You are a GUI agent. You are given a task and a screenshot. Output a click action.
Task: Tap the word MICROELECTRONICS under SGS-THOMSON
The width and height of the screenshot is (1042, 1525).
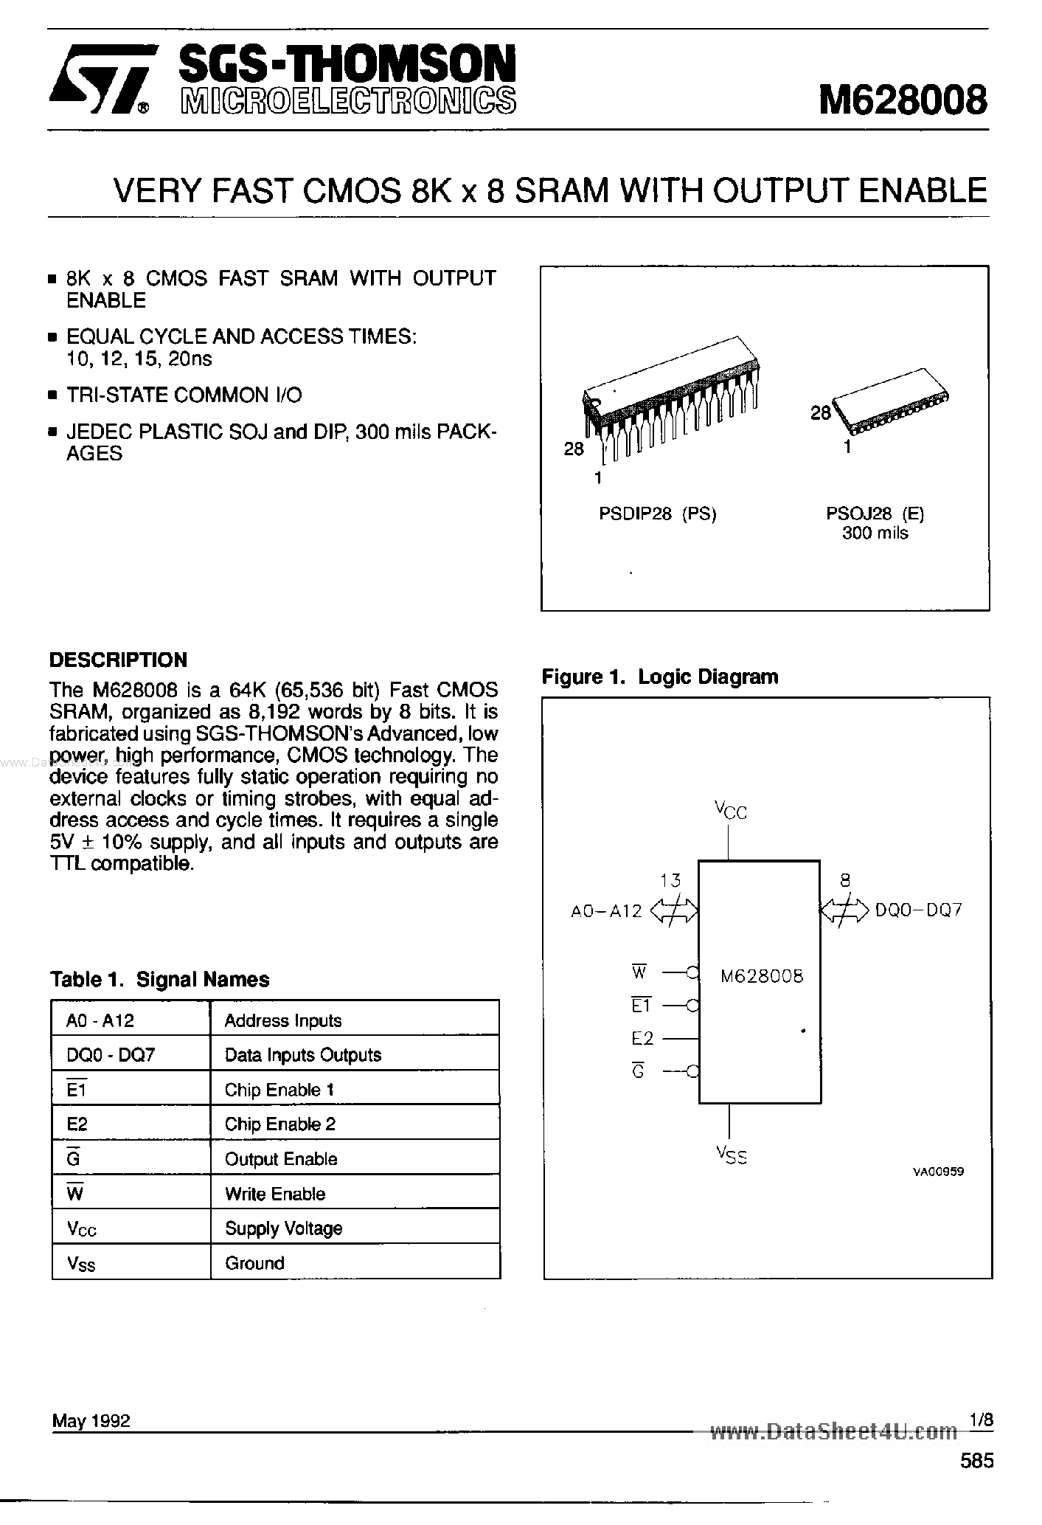[x=347, y=100]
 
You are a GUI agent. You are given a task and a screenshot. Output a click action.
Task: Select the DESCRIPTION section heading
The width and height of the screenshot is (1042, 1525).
[x=118, y=660]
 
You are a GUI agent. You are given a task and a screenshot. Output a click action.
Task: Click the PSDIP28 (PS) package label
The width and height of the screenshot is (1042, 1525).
[x=658, y=514]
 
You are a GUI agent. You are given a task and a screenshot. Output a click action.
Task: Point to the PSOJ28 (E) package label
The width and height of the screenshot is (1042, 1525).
[x=875, y=514]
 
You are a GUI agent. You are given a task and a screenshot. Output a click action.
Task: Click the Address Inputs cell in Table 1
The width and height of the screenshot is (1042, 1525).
[x=283, y=1021]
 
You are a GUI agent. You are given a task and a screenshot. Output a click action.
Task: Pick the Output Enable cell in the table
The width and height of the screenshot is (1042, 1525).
[x=281, y=1159]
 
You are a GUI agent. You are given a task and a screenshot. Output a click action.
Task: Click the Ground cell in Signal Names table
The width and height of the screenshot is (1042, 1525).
[x=254, y=1263]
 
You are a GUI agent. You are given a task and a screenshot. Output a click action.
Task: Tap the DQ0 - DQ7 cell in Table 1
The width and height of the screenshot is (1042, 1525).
[x=111, y=1055]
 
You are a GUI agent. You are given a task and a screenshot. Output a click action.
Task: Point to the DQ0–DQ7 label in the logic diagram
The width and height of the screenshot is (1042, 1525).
[x=919, y=910]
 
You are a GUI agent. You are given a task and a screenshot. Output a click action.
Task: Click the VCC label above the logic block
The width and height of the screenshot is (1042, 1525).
[x=730, y=811]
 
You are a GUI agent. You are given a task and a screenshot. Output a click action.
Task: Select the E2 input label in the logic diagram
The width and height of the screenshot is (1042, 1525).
[x=642, y=1039]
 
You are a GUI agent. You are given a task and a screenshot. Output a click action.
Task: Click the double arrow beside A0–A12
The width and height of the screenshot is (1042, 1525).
[x=674, y=911]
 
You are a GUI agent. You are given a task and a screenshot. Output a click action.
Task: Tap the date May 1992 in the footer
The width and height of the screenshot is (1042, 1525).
[x=91, y=1421]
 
